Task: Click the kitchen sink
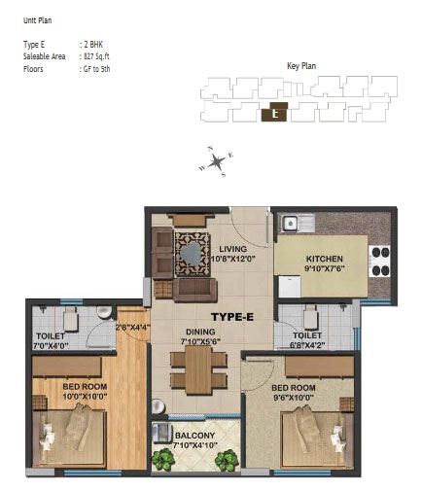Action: coord(298,224)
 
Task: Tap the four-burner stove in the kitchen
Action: coord(379,262)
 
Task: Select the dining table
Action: coord(198,369)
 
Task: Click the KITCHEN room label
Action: coord(325,259)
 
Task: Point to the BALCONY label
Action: coord(195,436)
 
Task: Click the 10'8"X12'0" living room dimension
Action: coord(233,259)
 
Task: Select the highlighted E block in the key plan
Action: coord(274,112)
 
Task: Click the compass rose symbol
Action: coord(216,161)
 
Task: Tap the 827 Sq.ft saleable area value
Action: coord(96,56)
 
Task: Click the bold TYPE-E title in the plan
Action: coord(232,317)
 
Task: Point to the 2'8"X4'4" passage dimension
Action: coord(133,327)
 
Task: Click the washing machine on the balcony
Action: coord(161,433)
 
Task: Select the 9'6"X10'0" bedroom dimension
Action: coord(294,398)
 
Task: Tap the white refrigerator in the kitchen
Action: coord(290,286)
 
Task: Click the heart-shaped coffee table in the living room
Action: coord(192,254)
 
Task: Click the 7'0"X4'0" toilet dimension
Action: coord(51,346)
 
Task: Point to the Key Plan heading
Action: coord(301,66)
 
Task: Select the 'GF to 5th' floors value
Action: coord(96,69)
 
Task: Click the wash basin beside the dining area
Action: coord(158,406)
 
